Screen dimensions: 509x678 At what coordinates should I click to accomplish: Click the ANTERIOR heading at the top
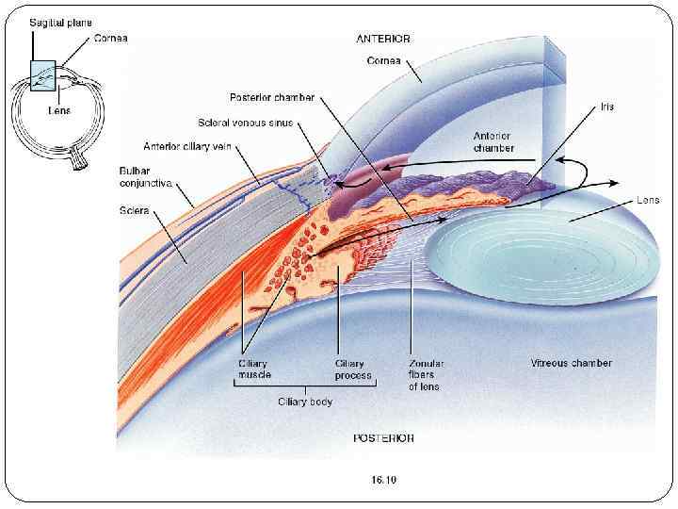coord(382,39)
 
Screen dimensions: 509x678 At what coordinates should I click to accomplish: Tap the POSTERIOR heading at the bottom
coord(383,438)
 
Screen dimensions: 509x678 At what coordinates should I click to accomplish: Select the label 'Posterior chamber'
coord(272,97)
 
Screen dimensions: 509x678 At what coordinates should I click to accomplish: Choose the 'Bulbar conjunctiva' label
coord(144,175)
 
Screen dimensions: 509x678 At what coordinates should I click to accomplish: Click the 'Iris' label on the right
coord(607,107)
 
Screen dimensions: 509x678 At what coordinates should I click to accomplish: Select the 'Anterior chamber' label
coord(493,141)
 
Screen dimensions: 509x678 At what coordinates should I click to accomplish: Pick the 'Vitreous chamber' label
coord(571,363)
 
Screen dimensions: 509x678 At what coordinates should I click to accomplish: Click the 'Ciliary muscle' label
coord(253,369)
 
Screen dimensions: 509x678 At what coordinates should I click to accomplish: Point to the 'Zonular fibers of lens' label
coord(426,374)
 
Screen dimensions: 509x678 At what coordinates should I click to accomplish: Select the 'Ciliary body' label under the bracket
coord(304,402)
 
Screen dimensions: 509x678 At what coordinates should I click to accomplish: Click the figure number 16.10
coord(384,480)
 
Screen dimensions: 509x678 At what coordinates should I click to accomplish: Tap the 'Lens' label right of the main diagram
coord(648,200)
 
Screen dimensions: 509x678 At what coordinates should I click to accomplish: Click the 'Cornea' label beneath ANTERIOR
coord(383,60)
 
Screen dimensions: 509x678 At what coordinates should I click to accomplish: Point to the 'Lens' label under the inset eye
coord(58,110)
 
